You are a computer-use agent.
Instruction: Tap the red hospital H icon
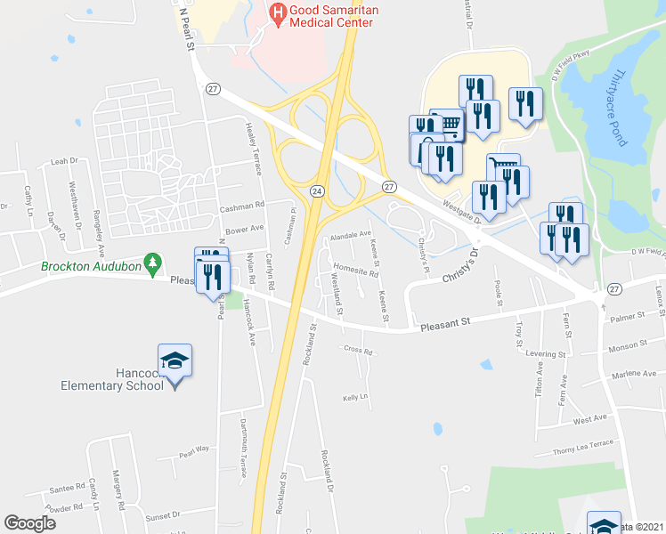[278, 12]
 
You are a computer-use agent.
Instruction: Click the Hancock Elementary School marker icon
[175, 360]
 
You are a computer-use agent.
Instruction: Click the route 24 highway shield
[316, 191]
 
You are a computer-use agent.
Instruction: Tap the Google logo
[30, 523]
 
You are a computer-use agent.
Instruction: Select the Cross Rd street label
[357, 350]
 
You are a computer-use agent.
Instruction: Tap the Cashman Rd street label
[242, 206]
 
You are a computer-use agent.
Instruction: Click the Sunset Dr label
[162, 515]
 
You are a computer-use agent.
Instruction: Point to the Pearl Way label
[193, 449]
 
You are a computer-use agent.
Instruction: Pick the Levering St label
[545, 354]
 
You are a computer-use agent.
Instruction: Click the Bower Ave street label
[245, 229]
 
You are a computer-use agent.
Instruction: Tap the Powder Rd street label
[64, 508]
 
